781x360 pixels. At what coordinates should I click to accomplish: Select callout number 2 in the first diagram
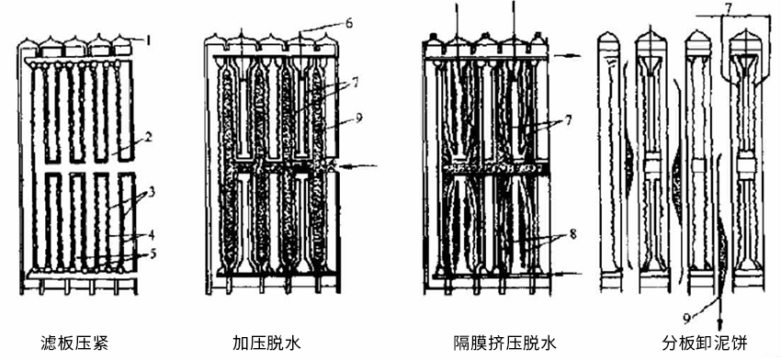coord(144,140)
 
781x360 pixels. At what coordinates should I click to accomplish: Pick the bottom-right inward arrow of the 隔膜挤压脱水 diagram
coord(568,274)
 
